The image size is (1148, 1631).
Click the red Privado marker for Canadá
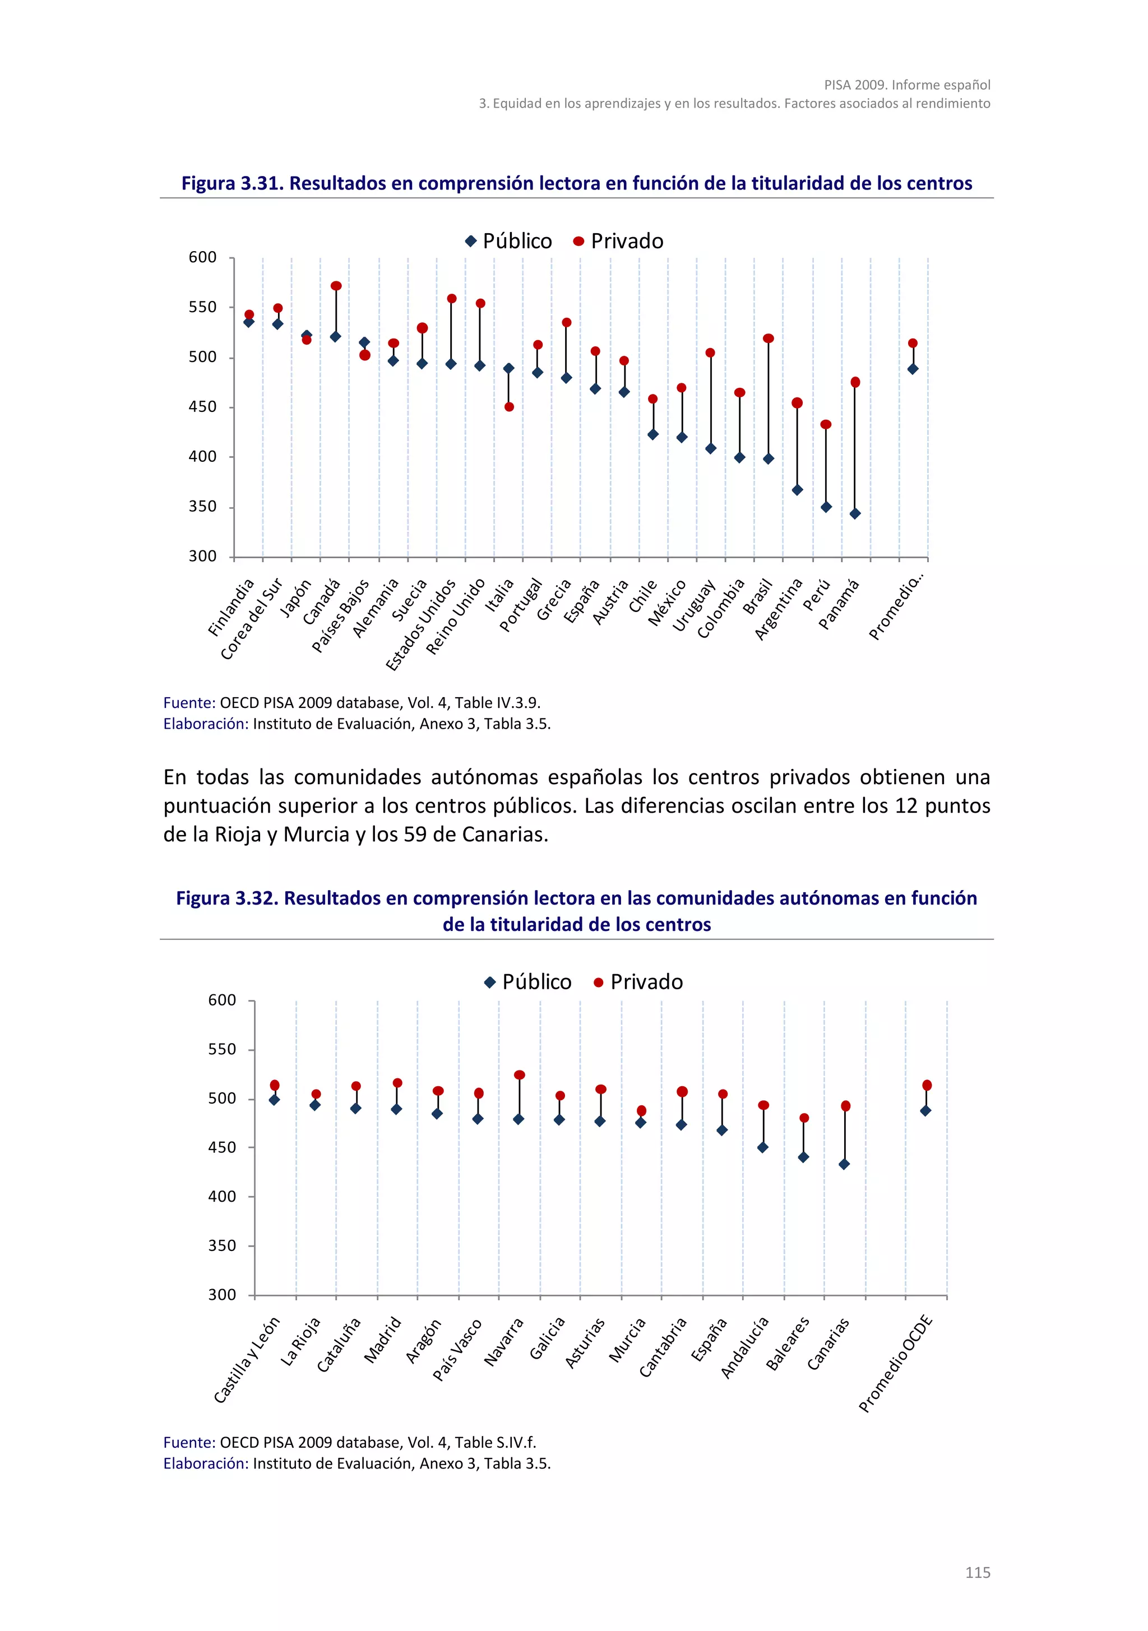(x=336, y=286)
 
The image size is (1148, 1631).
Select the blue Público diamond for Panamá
(x=855, y=513)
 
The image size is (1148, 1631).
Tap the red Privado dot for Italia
(x=508, y=407)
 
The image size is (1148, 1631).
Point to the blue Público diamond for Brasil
(x=768, y=459)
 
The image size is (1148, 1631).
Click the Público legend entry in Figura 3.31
(x=508, y=242)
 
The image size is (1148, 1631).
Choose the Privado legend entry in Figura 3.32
(x=638, y=982)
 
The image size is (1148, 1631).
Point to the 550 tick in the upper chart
(x=202, y=308)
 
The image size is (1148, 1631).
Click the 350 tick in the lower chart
(x=221, y=1245)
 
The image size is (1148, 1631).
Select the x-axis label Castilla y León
(x=247, y=1360)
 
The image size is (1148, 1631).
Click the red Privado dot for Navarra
(x=519, y=1075)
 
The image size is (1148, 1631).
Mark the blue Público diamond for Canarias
(x=844, y=1164)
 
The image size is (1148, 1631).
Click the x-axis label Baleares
(x=788, y=1342)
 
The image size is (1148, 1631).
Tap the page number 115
(x=977, y=1573)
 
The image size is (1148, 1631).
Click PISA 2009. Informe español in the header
(x=906, y=85)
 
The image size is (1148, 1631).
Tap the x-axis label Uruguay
(x=693, y=605)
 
